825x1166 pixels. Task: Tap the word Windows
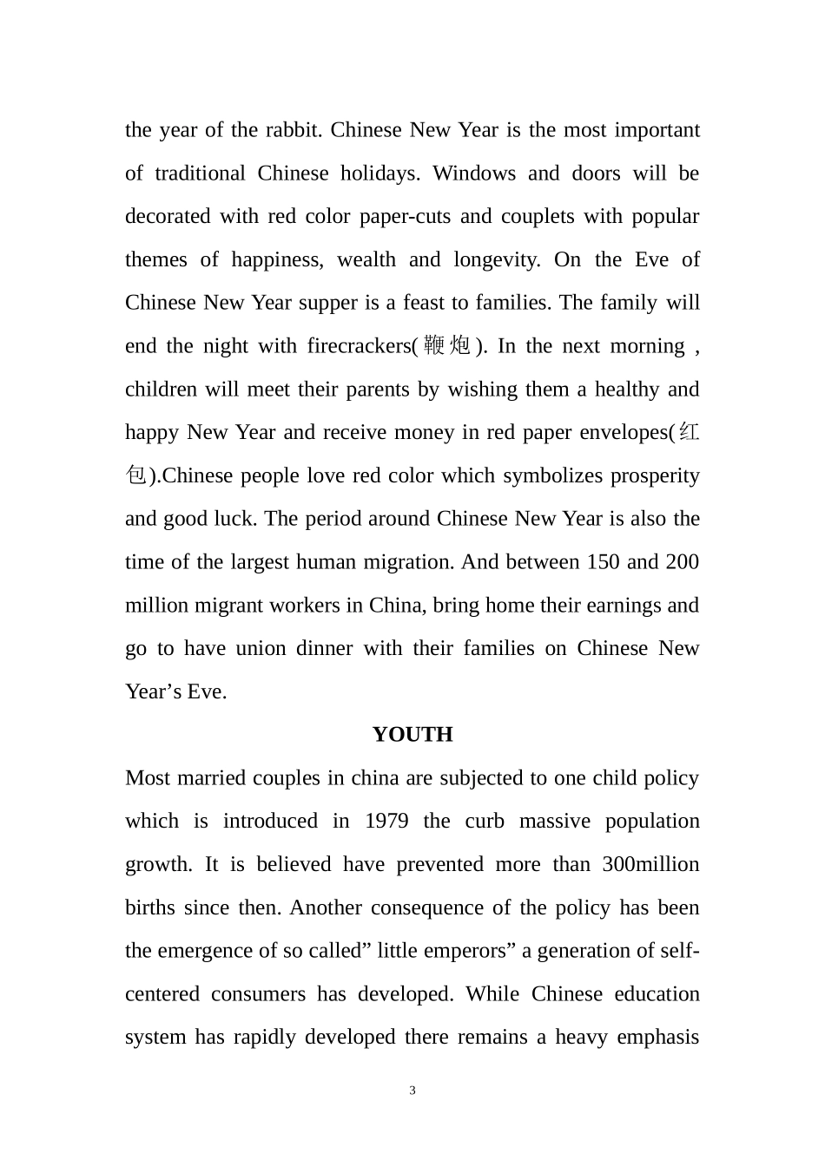click(474, 174)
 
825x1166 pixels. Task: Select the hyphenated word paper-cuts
click(399, 216)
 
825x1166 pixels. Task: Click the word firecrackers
click(360, 346)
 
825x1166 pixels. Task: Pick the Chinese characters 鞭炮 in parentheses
click(446, 346)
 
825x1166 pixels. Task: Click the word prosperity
click(656, 475)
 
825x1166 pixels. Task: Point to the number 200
click(683, 562)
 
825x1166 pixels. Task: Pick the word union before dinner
click(261, 648)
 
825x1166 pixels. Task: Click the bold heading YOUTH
click(412, 735)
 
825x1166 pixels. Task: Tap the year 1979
click(386, 821)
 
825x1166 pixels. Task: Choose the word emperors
click(470, 951)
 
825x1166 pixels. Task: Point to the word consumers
click(258, 994)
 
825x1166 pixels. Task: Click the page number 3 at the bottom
click(412, 1091)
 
